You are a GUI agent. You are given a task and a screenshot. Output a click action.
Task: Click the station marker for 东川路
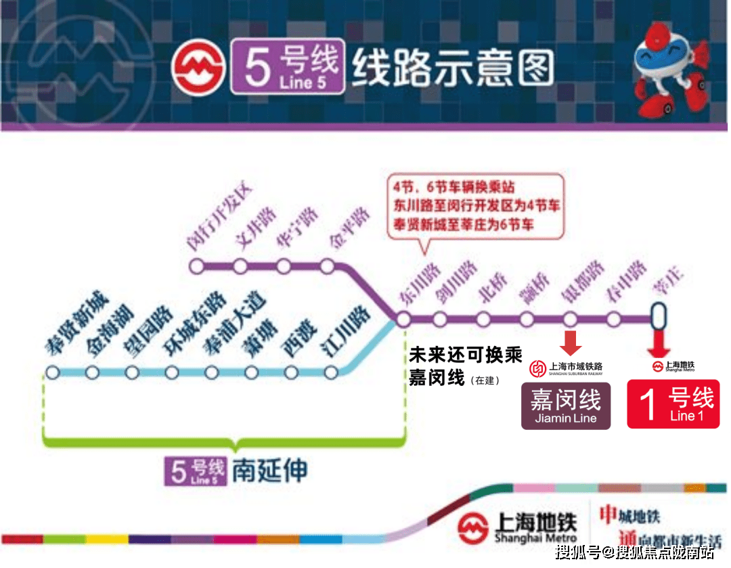[404, 319]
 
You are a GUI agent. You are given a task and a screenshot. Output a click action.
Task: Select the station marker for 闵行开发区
[197, 267]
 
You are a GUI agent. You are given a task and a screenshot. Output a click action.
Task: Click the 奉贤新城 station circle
[53, 372]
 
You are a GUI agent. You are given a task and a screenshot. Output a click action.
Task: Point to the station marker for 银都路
[571, 319]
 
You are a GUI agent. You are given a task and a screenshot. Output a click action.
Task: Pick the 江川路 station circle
[331, 372]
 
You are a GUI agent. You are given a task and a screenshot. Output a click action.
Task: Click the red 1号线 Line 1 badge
[673, 404]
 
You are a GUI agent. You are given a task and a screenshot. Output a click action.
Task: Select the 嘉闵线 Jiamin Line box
[566, 406]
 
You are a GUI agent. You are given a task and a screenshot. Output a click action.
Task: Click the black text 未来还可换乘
[465, 356]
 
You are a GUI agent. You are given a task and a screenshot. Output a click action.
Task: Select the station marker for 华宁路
[284, 267]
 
